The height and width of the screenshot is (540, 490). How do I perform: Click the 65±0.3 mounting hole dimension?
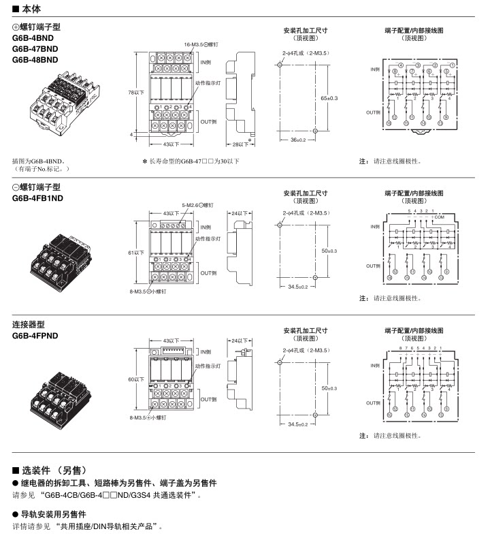point(329,98)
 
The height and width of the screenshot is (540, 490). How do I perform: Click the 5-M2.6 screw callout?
point(198,204)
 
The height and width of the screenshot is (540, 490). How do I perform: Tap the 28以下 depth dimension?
point(237,144)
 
